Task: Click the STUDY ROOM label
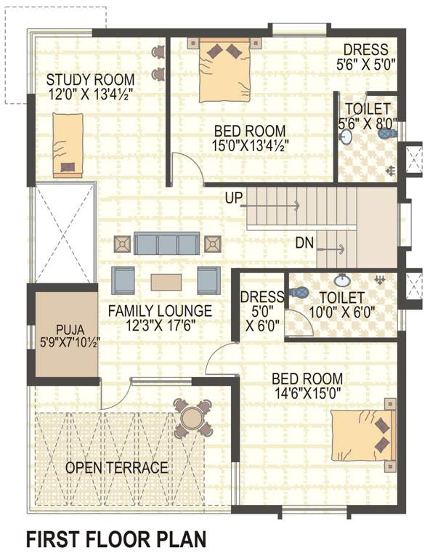point(90,79)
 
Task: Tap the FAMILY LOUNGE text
point(160,311)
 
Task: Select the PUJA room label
point(62,328)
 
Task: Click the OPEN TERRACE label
point(116,468)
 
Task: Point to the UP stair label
point(234,198)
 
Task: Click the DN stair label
point(304,243)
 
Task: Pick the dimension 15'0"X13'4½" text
point(250,145)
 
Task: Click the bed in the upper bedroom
point(224,70)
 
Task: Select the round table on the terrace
point(192,418)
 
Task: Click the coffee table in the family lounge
point(167,280)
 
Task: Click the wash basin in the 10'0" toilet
point(341,280)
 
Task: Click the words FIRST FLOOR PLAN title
point(116,539)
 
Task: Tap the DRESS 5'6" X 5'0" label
point(366,57)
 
